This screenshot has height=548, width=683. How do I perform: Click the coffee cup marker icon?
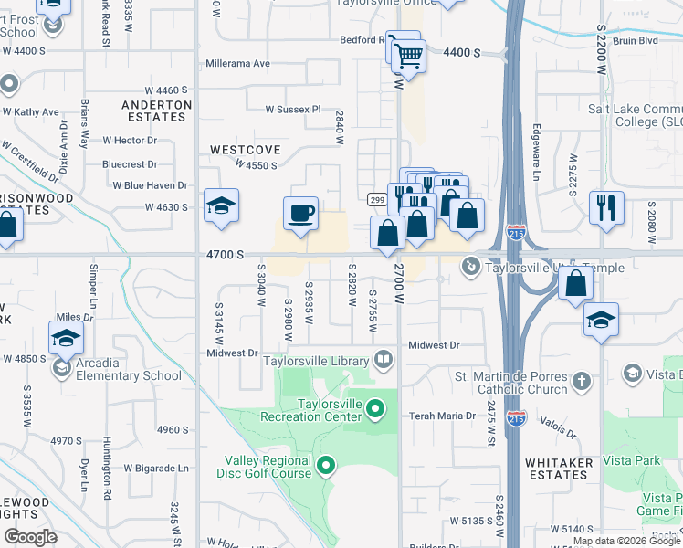tap(301, 215)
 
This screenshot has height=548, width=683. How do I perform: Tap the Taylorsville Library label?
tap(315, 361)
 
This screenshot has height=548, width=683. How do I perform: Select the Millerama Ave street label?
tap(237, 64)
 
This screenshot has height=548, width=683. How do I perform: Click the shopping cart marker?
tap(407, 55)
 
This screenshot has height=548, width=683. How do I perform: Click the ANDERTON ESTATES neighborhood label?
tap(157, 111)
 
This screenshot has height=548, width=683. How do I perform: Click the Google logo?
tap(30, 537)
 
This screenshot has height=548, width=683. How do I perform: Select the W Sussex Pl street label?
tap(293, 110)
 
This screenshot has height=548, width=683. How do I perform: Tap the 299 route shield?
tap(375, 199)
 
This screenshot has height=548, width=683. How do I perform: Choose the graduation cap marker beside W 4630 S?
tap(222, 206)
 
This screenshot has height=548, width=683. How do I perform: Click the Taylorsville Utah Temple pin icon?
tap(471, 267)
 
